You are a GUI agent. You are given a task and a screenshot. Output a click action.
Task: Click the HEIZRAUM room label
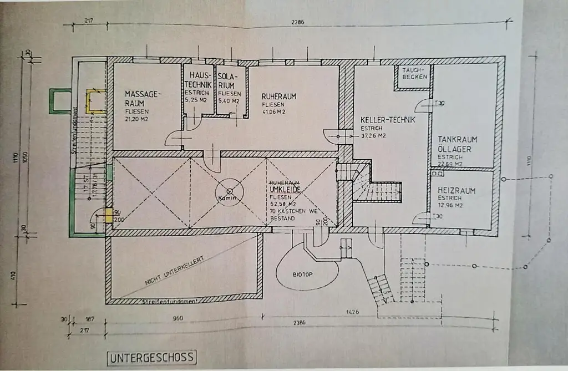coord(457,191)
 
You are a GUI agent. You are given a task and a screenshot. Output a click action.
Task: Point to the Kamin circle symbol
coord(230,191)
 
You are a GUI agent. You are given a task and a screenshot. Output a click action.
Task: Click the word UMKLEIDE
coord(285,190)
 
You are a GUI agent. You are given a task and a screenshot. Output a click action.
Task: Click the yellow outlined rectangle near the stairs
coord(95,101)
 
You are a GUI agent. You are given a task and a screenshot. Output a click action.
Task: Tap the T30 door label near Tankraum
coord(439,103)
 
